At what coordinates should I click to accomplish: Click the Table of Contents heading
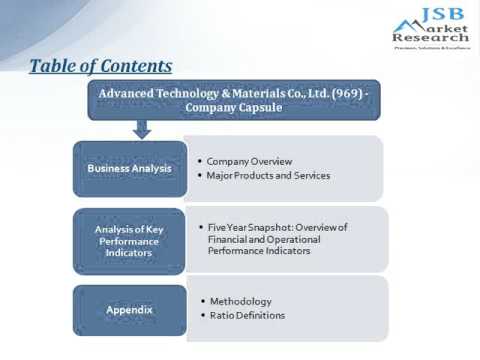pyautogui.click(x=100, y=66)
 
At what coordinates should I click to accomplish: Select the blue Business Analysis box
pyautogui.click(x=129, y=168)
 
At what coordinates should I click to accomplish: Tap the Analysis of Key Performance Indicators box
pyautogui.click(x=129, y=241)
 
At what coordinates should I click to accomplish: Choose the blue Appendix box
pyautogui.click(x=129, y=309)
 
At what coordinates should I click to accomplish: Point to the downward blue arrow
pyautogui.click(x=141, y=129)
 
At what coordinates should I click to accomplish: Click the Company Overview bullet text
pyautogui.click(x=249, y=160)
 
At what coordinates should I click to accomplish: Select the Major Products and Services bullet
pyautogui.click(x=268, y=176)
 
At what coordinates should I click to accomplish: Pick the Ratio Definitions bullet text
pyautogui.click(x=247, y=316)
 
